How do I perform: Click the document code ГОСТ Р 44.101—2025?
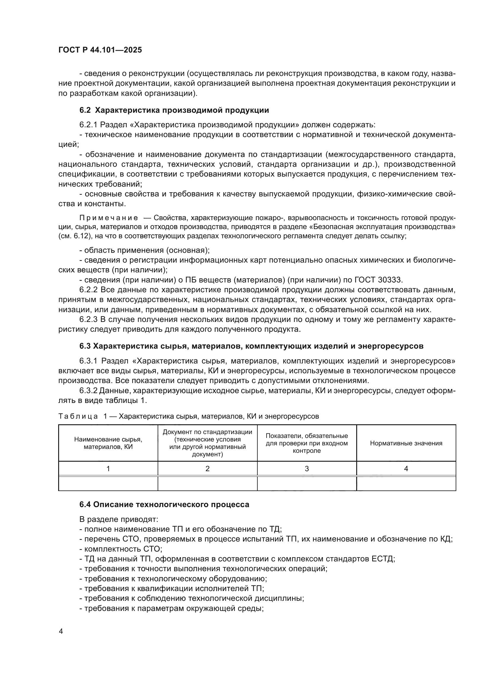pos(100,50)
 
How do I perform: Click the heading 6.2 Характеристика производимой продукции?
pos(174,110)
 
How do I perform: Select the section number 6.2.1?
pos(88,125)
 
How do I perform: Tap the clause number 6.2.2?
pos(88,290)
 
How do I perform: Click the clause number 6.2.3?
pos(88,320)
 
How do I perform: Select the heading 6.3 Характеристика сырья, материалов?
pos(251,346)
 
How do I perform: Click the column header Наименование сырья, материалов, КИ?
pos(108,443)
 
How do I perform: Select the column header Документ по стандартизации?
pos(208,443)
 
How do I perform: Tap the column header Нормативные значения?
pos(406,443)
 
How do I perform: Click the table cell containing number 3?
pos(307,469)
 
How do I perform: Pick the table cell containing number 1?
pos(108,469)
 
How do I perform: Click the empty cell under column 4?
pos(406,484)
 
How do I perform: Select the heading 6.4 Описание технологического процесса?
pos(164,504)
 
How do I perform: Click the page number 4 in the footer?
pos(61,631)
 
